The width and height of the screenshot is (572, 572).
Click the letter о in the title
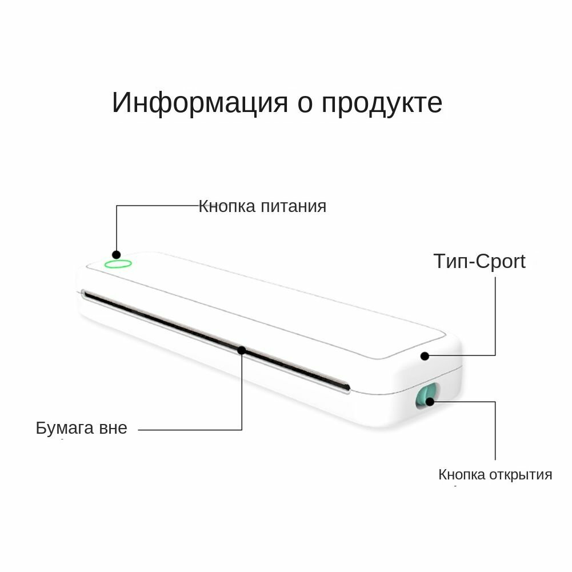[304, 105]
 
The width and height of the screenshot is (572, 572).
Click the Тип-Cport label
[479, 261]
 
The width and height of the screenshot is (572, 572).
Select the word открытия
[521, 474]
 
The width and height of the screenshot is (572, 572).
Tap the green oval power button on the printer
[118, 264]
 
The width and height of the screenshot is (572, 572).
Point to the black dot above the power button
[116, 255]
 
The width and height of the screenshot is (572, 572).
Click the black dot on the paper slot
[242, 350]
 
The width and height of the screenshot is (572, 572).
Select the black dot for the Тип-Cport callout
[425, 356]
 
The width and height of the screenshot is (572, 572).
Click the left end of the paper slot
[85, 294]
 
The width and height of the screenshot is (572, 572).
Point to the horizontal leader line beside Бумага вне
[189, 430]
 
